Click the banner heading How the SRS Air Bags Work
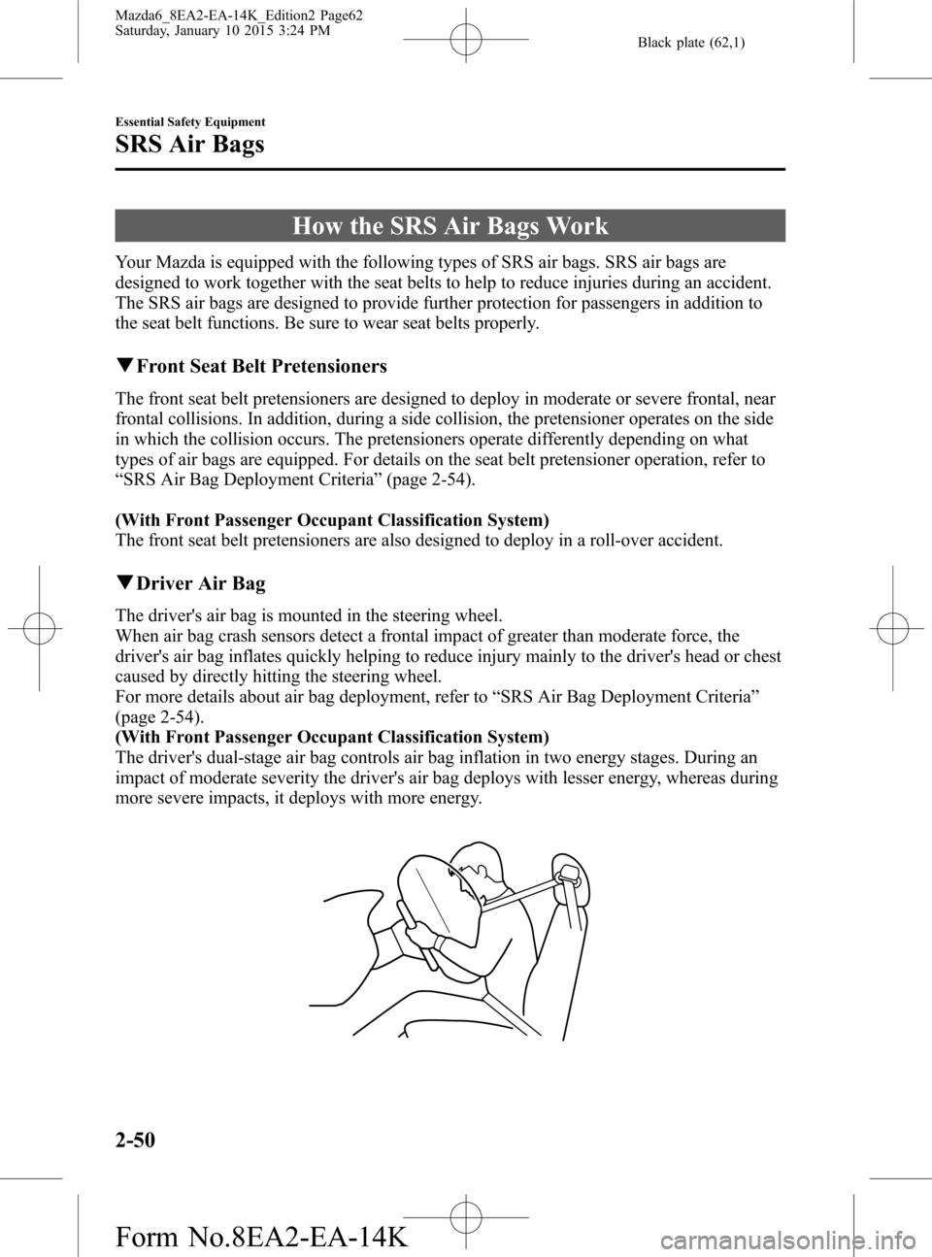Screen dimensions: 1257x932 tap(449, 226)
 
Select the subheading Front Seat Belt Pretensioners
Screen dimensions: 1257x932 tap(261, 366)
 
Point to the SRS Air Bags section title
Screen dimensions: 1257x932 tap(189, 147)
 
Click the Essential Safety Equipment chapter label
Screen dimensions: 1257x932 tap(190, 121)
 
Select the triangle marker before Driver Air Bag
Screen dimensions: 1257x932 tap(122, 583)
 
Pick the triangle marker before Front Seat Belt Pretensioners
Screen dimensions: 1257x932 tap(122, 366)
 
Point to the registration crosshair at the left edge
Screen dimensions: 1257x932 tap(39, 628)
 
